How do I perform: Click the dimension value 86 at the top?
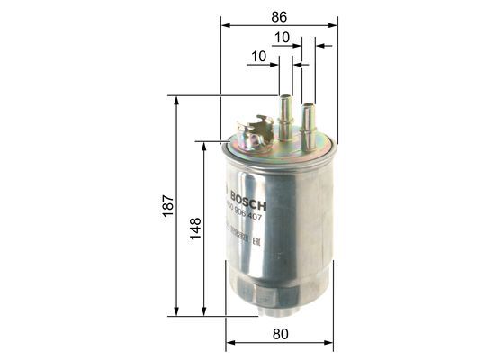[279, 15]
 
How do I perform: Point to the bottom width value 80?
[279, 334]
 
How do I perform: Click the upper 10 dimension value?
[282, 38]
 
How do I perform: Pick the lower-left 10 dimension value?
[260, 56]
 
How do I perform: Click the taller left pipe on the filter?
[287, 112]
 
